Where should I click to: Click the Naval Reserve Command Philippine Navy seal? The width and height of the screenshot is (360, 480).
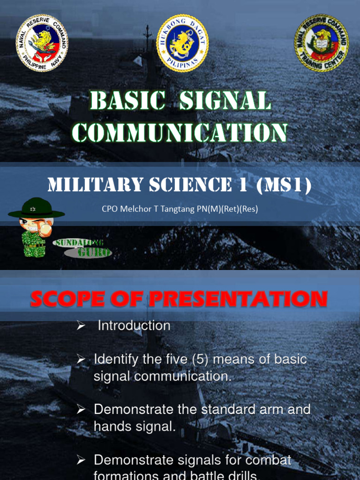42,43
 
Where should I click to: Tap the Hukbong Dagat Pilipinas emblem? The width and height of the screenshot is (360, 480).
182,43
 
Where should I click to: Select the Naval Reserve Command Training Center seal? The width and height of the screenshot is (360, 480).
322,43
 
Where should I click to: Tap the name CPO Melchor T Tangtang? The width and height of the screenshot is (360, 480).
150,209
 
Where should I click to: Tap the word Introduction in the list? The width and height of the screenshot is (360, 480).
134,325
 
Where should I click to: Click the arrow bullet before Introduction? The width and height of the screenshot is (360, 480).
81,326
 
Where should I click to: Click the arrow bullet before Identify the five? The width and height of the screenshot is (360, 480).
81,360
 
